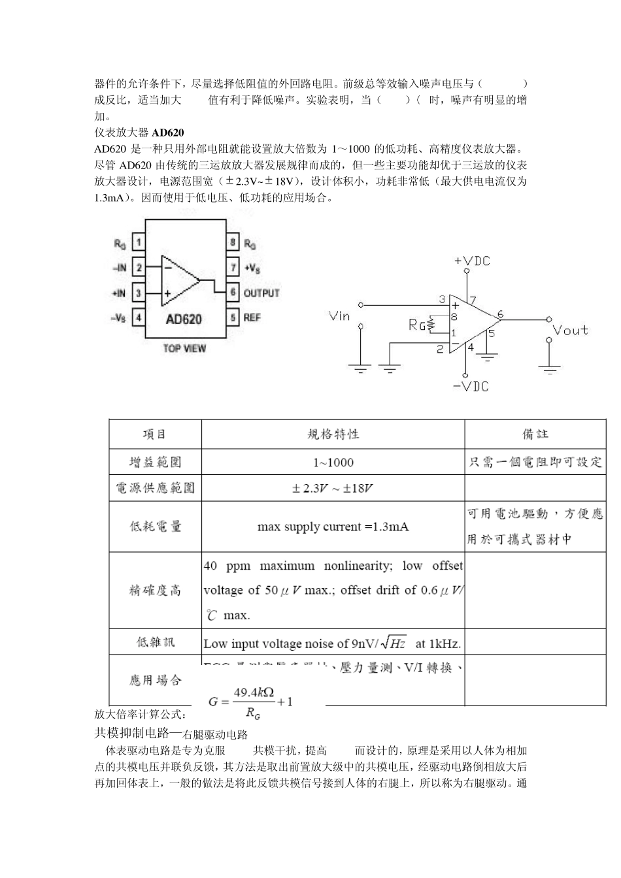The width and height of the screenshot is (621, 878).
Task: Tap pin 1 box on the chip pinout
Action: (139, 243)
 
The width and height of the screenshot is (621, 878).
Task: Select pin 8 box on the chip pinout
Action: (233, 243)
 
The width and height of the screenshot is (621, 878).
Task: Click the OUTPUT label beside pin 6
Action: (261, 293)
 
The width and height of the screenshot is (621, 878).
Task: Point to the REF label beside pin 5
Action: (252, 317)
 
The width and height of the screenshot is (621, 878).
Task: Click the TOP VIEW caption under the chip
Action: (184, 348)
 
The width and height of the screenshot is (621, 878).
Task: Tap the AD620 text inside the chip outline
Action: (184, 319)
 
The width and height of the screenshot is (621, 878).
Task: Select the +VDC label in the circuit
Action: (472, 261)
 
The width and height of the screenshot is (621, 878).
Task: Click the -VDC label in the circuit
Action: (471, 386)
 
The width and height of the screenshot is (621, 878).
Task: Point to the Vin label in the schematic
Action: (340, 316)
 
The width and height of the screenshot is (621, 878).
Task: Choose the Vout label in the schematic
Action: (570, 330)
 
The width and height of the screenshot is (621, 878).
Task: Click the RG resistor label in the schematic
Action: (417, 323)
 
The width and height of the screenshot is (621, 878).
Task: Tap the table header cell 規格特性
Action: (333, 434)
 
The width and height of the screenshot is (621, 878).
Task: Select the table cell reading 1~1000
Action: (333, 463)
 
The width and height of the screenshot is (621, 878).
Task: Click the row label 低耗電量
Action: (156, 527)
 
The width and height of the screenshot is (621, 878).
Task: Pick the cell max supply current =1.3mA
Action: (333, 527)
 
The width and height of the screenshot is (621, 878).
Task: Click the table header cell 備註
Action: (535, 434)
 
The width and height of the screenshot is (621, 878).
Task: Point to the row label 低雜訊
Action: (156, 642)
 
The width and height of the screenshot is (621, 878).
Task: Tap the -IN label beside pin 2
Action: (120, 268)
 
